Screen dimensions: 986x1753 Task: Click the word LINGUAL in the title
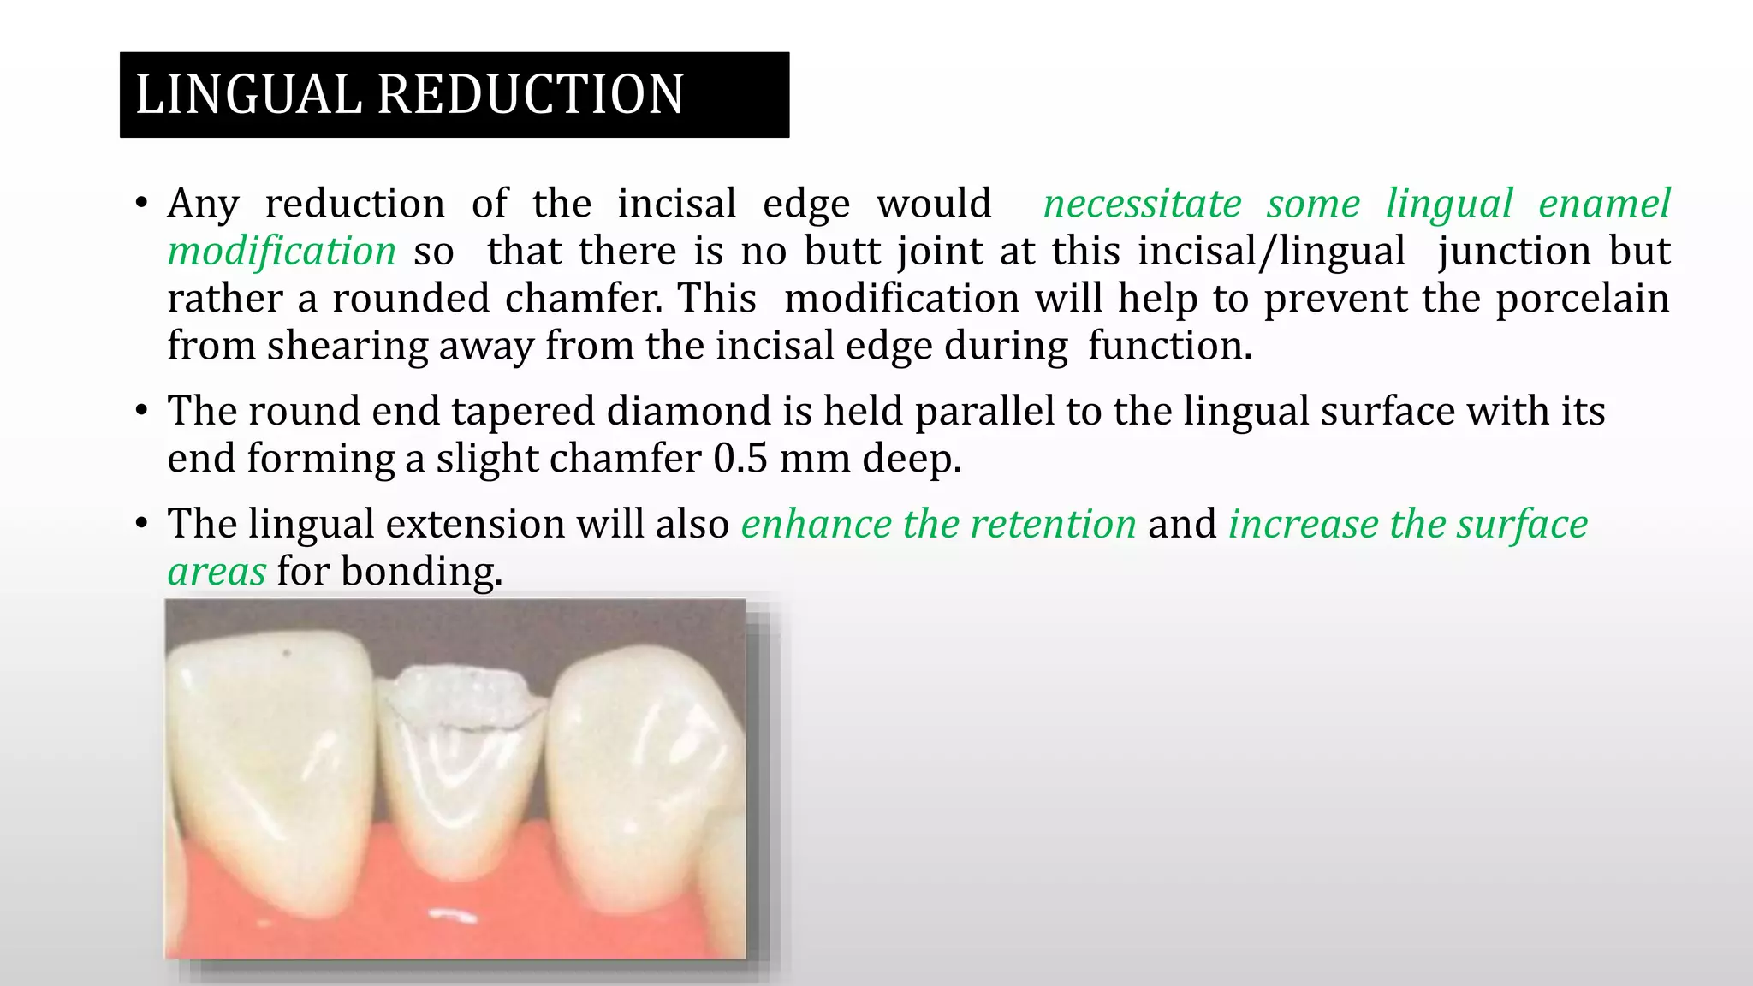pyautogui.click(x=249, y=94)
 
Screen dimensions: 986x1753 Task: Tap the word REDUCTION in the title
pyautogui.click(x=531, y=94)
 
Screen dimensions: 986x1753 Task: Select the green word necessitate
pyautogui.click(x=1142, y=204)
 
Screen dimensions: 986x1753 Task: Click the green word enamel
pyautogui.click(x=1603, y=204)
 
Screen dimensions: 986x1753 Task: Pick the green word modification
pyautogui.click(x=282, y=252)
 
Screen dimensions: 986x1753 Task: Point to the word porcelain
pyautogui.click(x=1582, y=299)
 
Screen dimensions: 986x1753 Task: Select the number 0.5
pyautogui.click(x=740, y=459)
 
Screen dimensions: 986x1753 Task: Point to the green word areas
pyautogui.click(x=217, y=572)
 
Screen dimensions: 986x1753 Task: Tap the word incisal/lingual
pyautogui.click(x=1271, y=252)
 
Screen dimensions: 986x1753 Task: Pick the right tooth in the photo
pyautogui.click(x=642, y=770)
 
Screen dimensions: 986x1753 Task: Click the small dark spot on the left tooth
pyautogui.click(x=287, y=654)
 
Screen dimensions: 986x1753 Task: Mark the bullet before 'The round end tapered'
pyautogui.click(x=141, y=411)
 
